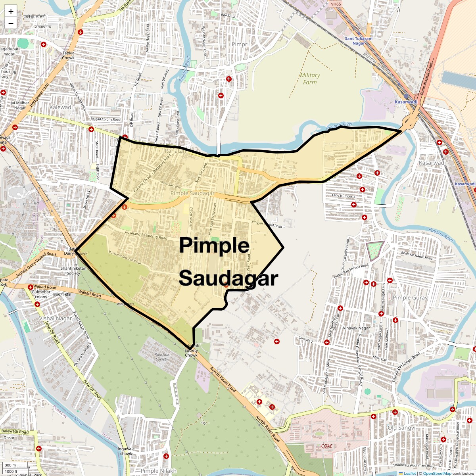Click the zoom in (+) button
tap(11, 12)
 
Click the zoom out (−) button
tap(11, 23)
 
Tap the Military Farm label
tap(310, 79)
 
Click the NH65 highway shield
tap(335, 4)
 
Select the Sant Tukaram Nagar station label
tap(359, 41)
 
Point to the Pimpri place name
tap(240, 44)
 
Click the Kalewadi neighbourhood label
tap(61, 107)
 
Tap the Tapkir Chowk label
tap(68, 55)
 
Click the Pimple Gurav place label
tap(410, 297)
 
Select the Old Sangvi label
tap(401, 428)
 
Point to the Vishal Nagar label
tap(56, 318)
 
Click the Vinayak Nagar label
tap(356, 328)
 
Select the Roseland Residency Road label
tap(146, 236)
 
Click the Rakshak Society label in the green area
tap(162, 357)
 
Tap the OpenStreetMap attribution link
tap(437, 473)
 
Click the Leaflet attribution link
tap(409, 473)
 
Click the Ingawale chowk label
tap(126, 451)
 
